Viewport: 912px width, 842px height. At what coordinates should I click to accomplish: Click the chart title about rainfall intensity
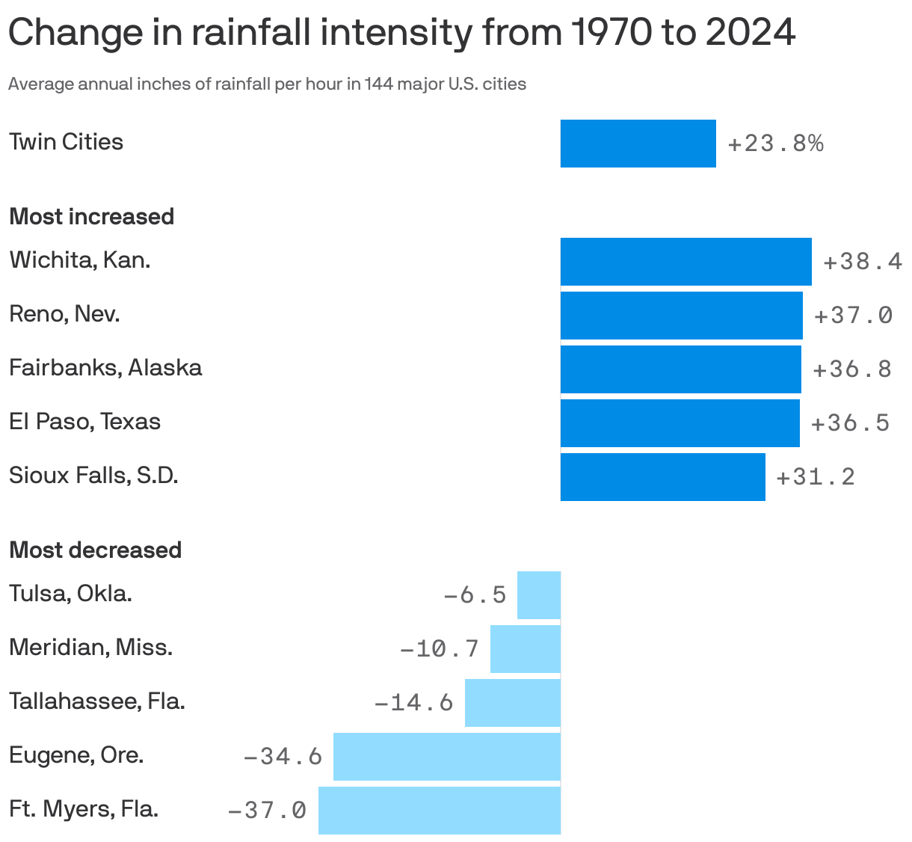tap(401, 34)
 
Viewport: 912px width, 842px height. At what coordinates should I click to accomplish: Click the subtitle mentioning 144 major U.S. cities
tap(267, 84)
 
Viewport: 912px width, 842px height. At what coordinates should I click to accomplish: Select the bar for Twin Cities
tap(638, 143)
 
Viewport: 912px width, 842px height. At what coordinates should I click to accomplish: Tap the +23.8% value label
tap(775, 143)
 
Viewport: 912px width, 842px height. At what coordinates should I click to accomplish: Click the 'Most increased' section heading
tap(91, 216)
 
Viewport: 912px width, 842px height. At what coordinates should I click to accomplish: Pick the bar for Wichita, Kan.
tap(685, 261)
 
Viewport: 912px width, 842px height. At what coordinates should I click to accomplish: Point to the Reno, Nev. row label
tap(64, 314)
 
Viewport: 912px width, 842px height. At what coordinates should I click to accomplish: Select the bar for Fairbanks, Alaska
tap(680, 369)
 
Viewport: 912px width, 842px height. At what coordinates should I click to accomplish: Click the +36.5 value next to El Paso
tap(850, 422)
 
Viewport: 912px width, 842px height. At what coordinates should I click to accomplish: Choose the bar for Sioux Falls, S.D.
tap(662, 476)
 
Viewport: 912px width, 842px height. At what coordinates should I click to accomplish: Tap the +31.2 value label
tap(816, 476)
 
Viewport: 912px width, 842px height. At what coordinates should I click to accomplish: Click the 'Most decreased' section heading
tap(95, 550)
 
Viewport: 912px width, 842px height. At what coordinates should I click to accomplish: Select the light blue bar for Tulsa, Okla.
tap(538, 594)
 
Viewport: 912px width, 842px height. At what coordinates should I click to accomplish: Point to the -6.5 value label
tap(475, 594)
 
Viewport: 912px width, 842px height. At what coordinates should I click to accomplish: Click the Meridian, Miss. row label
tap(90, 648)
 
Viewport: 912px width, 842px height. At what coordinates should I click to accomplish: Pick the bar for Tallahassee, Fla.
tap(512, 702)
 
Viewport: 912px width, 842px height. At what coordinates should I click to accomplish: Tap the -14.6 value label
tap(413, 702)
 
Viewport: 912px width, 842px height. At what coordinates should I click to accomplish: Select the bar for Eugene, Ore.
tap(446, 756)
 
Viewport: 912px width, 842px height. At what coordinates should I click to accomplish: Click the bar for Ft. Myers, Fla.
tap(439, 810)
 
